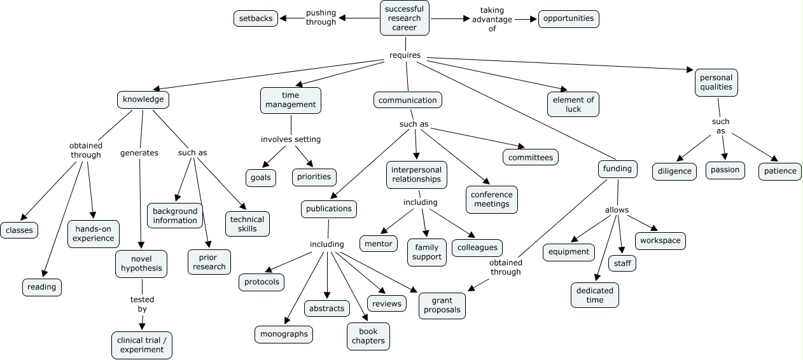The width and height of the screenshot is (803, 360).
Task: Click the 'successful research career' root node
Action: tap(404, 18)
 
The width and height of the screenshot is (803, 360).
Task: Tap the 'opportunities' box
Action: tap(569, 18)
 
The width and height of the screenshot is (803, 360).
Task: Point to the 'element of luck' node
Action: tap(573, 104)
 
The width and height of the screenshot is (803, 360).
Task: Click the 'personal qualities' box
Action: tap(716, 82)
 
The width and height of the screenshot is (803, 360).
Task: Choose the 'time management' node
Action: tap(290, 100)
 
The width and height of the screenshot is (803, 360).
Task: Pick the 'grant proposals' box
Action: tap(442, 305)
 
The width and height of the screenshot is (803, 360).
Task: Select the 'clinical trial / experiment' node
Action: tap(141, 345)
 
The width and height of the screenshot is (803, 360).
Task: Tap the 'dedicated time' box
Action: tap(594, 295)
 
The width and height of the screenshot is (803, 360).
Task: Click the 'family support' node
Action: tap(427, 252)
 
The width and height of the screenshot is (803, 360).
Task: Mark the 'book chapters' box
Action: tap(368, 336)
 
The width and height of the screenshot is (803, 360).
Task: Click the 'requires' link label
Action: tap(405, 55)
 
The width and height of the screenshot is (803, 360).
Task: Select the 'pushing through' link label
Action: tap(321, 17)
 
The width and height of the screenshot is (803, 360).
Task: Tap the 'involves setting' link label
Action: tap(291, 139)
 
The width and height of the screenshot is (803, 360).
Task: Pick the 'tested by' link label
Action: tap(142, 304)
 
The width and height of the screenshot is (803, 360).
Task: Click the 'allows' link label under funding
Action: tap(617, 210)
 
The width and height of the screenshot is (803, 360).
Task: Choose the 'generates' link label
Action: tap(139, 153)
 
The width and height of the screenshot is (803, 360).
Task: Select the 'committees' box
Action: tap(531, 157)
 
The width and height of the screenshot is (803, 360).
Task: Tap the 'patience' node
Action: tap(779, 171)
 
